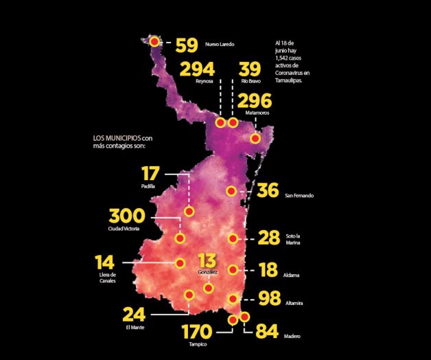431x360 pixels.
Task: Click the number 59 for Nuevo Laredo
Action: (186, 45)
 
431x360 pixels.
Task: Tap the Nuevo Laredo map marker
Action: (154, 42)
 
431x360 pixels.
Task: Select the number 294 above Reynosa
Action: (198, 69)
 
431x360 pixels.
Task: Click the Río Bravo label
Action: (249, 82)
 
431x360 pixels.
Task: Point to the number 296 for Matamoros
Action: (255, 100)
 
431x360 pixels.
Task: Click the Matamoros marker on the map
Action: (255, 138)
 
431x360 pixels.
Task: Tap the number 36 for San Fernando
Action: (268, 190)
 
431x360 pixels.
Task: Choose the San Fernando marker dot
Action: (232, 190)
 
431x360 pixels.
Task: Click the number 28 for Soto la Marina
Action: (268, 238)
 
